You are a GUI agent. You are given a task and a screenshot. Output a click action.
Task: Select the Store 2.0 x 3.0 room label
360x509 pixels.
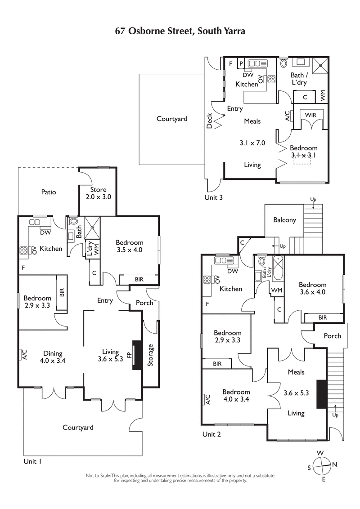click(98, 193)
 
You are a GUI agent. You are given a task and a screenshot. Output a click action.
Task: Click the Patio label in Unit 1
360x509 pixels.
click(49, 192)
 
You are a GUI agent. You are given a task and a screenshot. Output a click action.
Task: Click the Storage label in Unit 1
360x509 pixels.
click(151, 355)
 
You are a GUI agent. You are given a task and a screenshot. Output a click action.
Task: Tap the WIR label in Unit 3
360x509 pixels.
click(310, 116)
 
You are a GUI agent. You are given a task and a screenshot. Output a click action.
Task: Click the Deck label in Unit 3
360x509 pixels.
click(209, 121)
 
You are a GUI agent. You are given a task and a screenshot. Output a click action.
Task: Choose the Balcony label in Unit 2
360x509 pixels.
click(285, 220)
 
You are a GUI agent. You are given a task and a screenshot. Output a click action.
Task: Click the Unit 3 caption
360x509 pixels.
click(213, 197)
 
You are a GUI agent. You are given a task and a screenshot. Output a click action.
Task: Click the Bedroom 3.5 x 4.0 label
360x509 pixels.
click(129, 246)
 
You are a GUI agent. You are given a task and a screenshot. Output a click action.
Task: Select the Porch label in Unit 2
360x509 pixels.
click(332, 336)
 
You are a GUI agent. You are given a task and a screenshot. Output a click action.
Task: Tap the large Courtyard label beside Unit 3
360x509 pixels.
click(172, 119)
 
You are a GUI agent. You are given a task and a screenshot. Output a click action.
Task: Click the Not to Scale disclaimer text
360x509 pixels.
click(180, 478)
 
